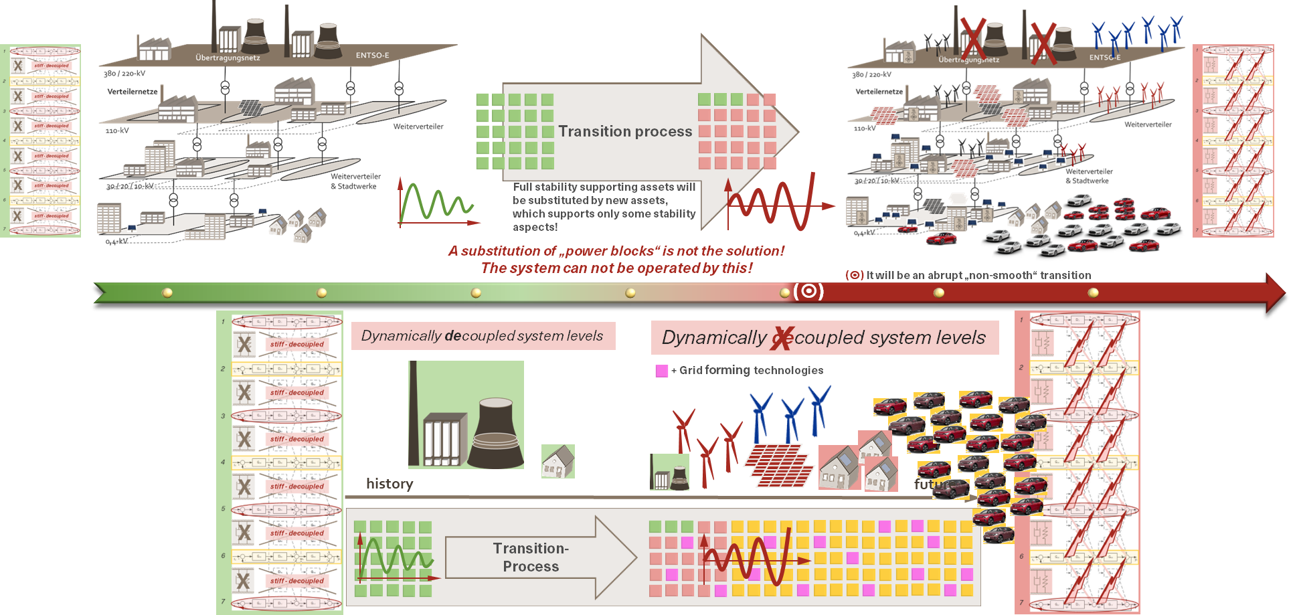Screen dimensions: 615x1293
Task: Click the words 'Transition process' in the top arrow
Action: click(x=625, y=131)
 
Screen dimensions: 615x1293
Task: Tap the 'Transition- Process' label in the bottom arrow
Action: click(x=531, y=557)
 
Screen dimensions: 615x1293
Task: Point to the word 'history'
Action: click(x=390, y=484)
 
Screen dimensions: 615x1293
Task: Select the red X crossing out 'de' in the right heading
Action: click(x=782, y=337)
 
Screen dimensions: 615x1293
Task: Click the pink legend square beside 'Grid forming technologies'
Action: click(x=661, y=371)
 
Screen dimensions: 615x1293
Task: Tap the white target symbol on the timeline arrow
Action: click(x=808, y=291)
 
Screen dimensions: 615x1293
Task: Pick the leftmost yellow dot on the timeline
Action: click(x=167, y=292)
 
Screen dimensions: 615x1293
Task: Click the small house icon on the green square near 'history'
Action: click(x=558, y=461)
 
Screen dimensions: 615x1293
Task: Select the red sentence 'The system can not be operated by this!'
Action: click(x=616, y=268)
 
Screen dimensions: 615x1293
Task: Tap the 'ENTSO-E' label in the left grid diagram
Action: click(x=372, y=56)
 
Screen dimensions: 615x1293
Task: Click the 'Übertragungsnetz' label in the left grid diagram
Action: click(x=228, y=58)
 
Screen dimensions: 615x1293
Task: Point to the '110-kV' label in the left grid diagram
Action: click(x=117, y=130)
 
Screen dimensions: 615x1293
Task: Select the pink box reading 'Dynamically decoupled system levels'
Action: click(x=483, y=336)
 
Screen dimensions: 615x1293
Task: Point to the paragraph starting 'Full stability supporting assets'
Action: click(x=604, y=207)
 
